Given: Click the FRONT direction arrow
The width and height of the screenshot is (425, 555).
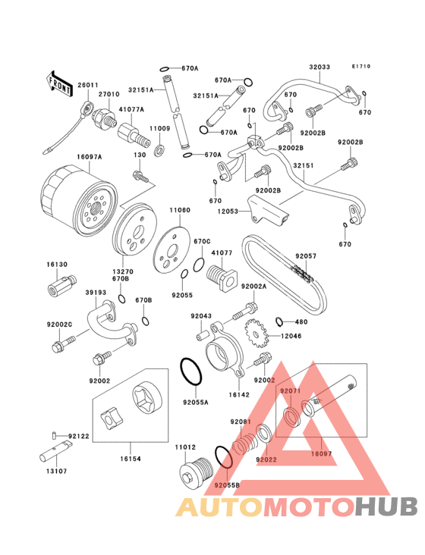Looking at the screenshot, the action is [59, 83].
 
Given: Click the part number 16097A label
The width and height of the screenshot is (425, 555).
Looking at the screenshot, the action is [90, 156].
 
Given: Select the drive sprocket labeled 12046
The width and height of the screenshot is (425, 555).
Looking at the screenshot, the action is [255, 334].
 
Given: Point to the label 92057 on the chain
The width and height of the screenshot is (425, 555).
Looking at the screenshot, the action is [306, 256].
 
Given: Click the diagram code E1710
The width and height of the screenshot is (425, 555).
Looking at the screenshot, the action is [361, 66].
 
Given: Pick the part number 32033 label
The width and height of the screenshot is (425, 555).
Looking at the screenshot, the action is [320, 67].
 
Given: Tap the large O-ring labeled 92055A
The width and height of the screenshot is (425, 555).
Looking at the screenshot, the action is [191, 372].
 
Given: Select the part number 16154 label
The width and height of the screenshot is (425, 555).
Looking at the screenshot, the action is [131, 459].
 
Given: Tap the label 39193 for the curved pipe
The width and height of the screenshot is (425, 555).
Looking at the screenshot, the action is [96, 293].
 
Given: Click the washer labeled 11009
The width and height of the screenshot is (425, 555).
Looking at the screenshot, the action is [159, 150].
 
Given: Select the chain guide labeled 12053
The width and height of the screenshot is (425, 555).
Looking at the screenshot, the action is [268, 209].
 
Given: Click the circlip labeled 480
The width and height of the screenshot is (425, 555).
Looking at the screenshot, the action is [280, 321].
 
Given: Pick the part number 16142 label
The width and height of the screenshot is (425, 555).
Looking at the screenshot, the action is [239, 395].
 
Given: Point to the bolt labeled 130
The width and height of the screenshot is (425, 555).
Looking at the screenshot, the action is [140, 176].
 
